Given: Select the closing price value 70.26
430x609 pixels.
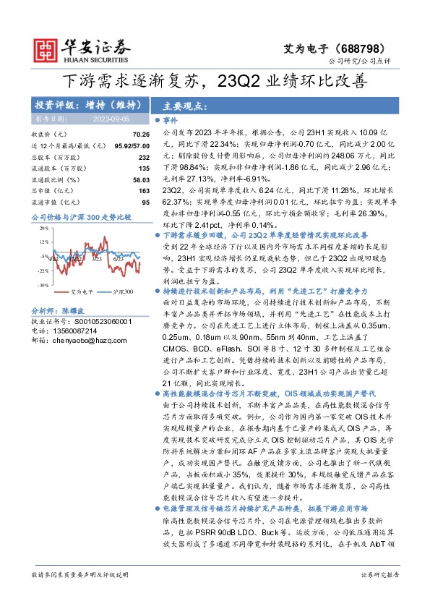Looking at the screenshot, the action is pos(140,135).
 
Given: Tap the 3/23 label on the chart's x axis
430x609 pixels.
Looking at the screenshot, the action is pos(96,258).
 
